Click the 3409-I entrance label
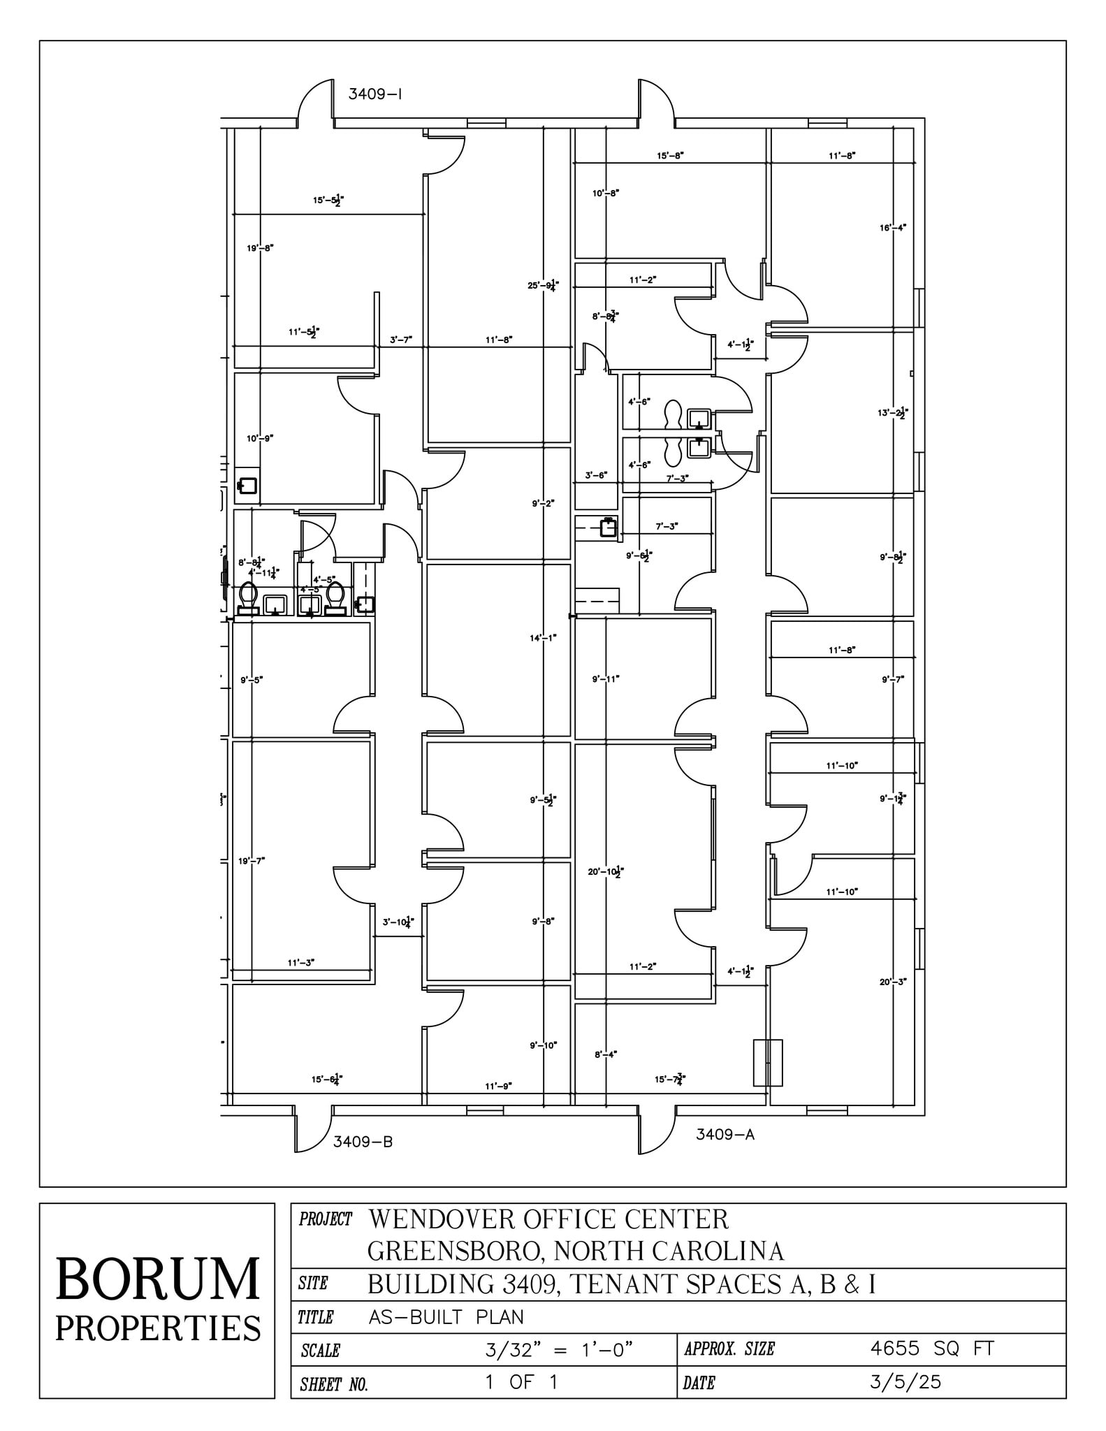tap(375, 94)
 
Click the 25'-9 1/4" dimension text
tap(543, 285)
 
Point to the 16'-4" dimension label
tap(892, 228)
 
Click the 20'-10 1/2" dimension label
tap(605, 871)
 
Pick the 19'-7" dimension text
tap(252, 861)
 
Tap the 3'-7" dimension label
tap(401, 340)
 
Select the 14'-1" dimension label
tap(543, 637)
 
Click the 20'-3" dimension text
tap(892, 982)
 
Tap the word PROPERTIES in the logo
tap(158, 1328)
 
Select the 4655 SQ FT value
tap(931, 1349)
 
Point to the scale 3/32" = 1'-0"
tap(559, 1350)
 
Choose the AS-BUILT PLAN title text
tap(446, 1317)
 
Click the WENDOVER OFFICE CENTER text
tap(548, 1220)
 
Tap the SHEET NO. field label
tap(334, 1384)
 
